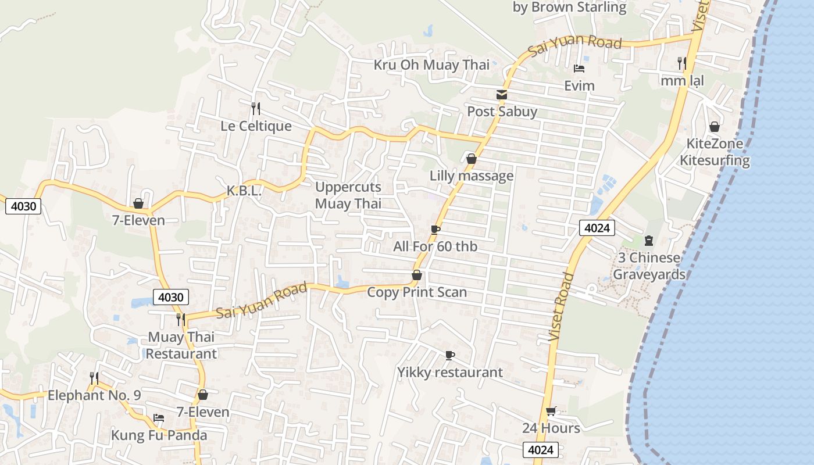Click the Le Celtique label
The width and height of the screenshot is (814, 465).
click(x=256, y=126)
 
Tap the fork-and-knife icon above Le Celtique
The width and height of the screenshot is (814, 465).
click(x=255, y=108)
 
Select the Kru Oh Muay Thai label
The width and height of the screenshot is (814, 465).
click(x=431, y=65)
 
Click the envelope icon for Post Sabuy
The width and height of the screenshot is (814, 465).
click(x=501, y=95)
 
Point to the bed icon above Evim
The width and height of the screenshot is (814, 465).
click(x=579, y=69)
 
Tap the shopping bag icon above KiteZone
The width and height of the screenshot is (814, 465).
click(x=715, y=127)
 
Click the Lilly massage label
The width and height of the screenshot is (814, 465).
click(x=472, y=176)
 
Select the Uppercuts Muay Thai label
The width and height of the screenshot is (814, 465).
click(x=348, y=195)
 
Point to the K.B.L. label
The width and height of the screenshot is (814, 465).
click(x=244, y=191)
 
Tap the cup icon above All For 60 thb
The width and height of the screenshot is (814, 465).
click(x=435, y=230)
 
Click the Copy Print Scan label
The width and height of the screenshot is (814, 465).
click(x=417, y=292)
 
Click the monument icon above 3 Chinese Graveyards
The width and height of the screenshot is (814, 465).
click(x=649, y=241)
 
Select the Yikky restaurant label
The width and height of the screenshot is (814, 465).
click(x=450, y=372)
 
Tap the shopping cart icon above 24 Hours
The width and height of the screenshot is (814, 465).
click(x=551, y=412)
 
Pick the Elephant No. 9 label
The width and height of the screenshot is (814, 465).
click(x=94, y=395)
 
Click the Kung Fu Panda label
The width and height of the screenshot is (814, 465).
click(x=159, y=435)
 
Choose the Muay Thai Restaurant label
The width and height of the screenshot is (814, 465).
click(x=181, y=345)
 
